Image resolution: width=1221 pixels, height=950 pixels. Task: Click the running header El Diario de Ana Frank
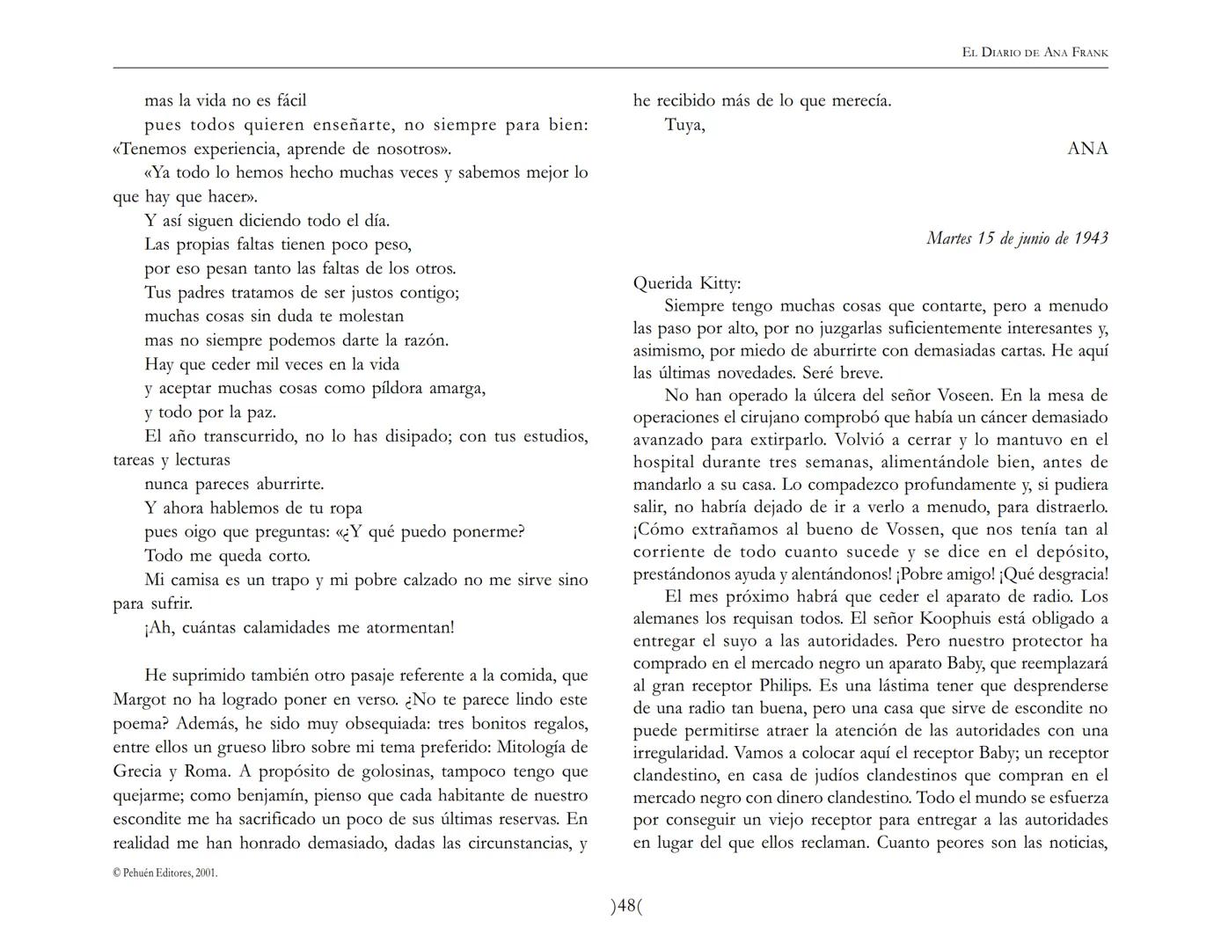(1035, 53)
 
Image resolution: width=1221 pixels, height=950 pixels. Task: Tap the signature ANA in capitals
(1087, 149)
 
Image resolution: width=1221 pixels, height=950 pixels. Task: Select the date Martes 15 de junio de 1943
(1017, 238)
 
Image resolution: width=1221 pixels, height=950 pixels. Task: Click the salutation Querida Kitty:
(687, 283)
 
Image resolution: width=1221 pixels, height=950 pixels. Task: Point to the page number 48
(626, 906)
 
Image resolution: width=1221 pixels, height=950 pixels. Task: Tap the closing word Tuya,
(684, 125)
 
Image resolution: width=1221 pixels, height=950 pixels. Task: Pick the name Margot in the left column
(139, 700)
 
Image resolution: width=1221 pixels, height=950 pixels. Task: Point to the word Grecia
(137, 772)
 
